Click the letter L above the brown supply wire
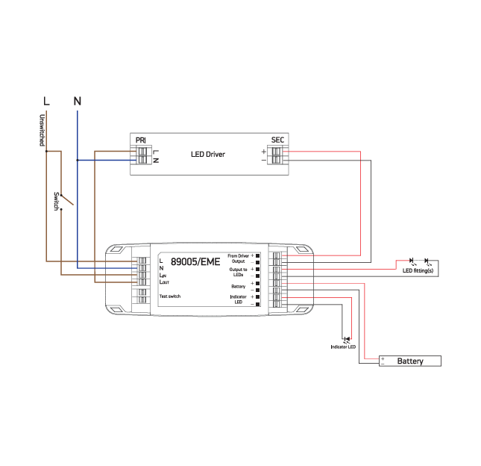coord(46,100)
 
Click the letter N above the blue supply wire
coord(77,100)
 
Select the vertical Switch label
coord(56,201)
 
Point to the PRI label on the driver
coord(140,140)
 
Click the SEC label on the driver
coord(277,140)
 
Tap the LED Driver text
coord(207,155)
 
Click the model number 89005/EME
coord(195,262)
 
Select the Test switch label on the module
coord(170,296)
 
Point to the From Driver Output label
coord(239,258)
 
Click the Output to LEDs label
coord(239,272)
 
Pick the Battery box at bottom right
coord(410,361)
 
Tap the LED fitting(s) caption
coord(418,270)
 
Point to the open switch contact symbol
coord(66,199)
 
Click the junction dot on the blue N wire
coord(77,160)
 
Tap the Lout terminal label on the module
coord(165,282)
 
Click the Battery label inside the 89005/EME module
coord(239,286)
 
